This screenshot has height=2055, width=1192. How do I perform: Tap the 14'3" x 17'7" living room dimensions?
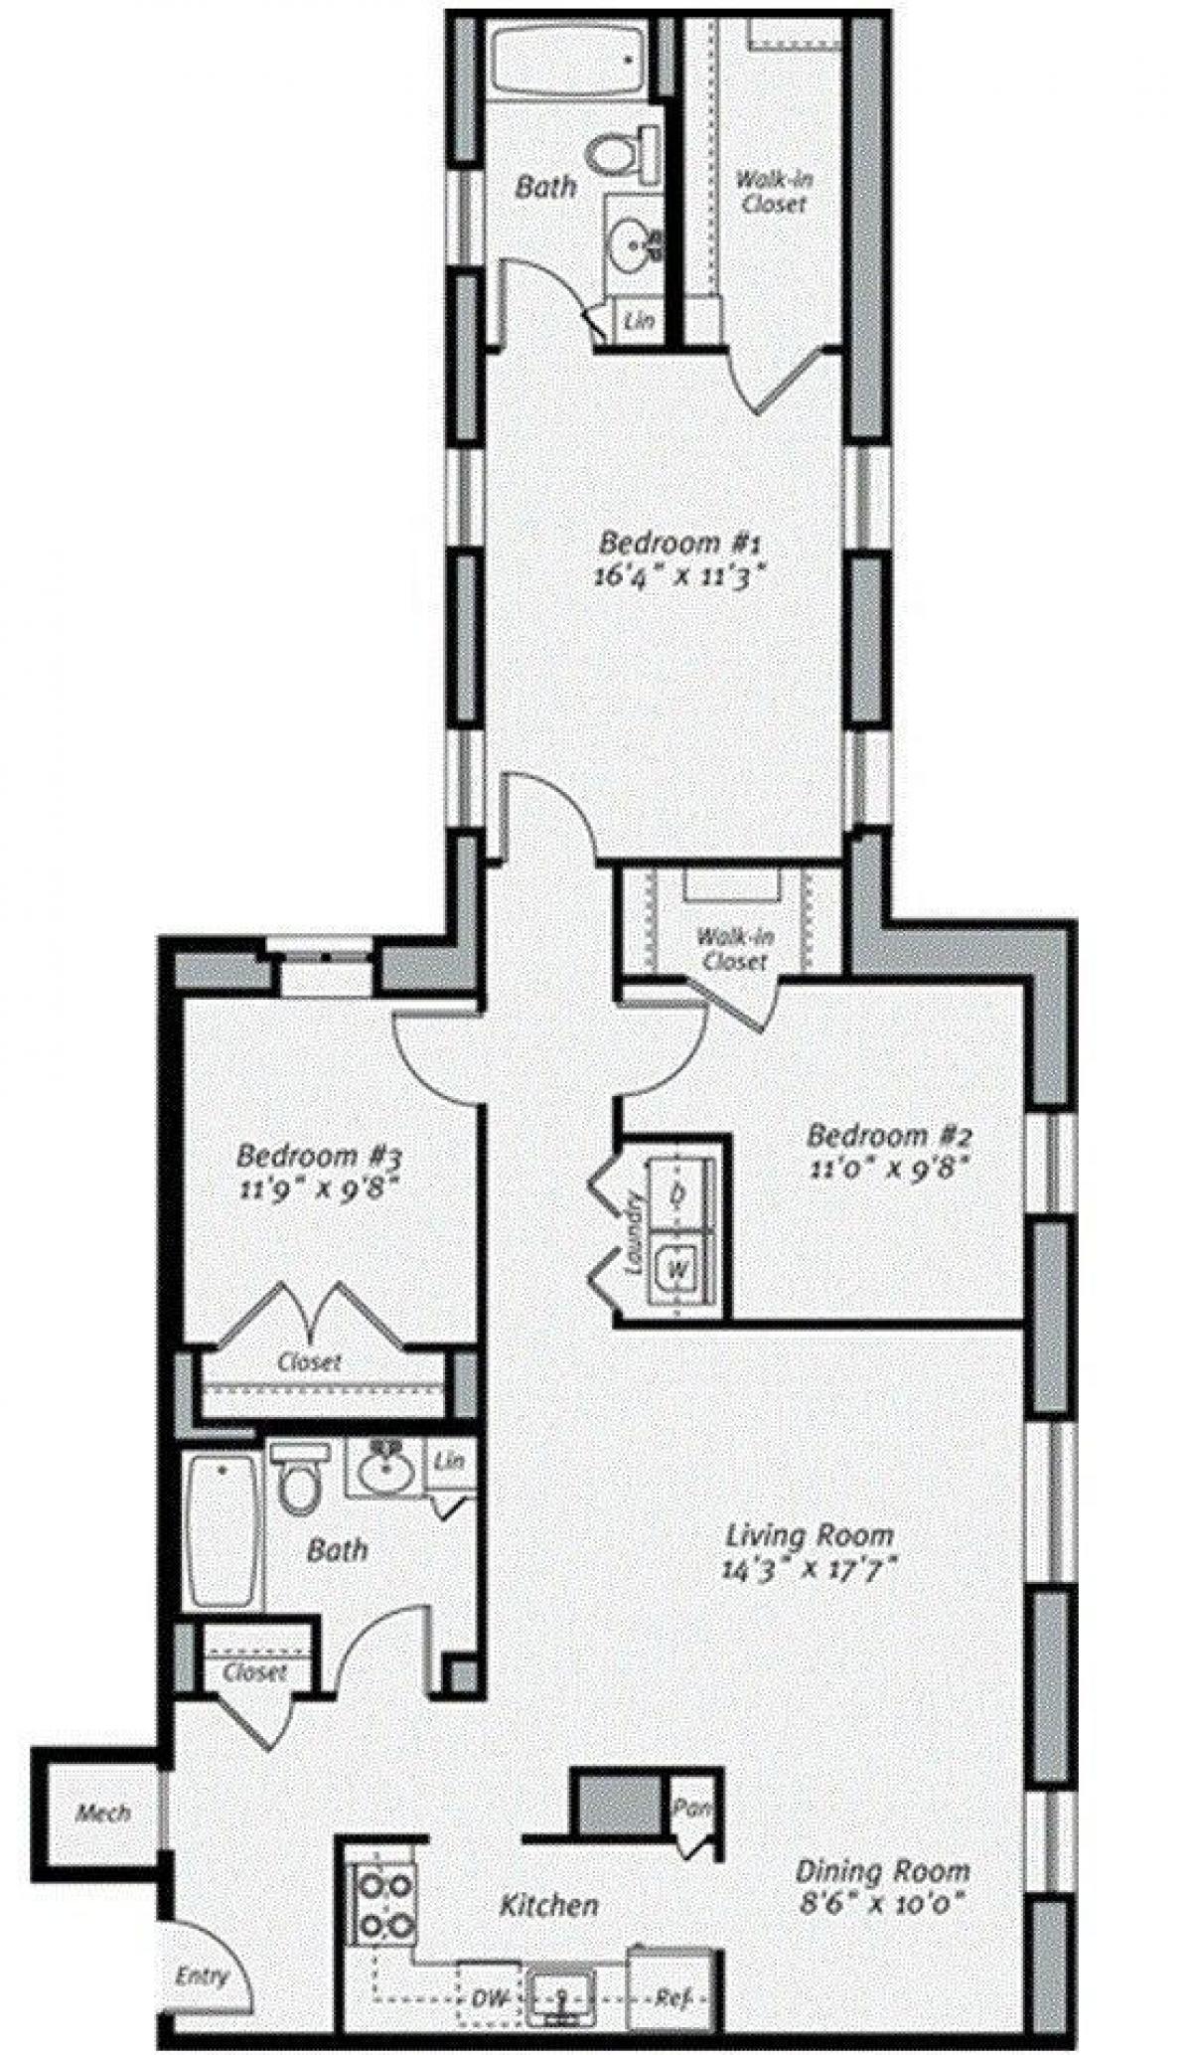pos(811,1569)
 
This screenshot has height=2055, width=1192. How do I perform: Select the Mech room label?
pos(103,1813)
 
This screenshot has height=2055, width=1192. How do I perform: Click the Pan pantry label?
pos(690,1808)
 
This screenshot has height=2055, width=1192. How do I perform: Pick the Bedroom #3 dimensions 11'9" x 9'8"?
pos(320,1187)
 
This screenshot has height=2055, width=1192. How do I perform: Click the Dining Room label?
pos(881,1871)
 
